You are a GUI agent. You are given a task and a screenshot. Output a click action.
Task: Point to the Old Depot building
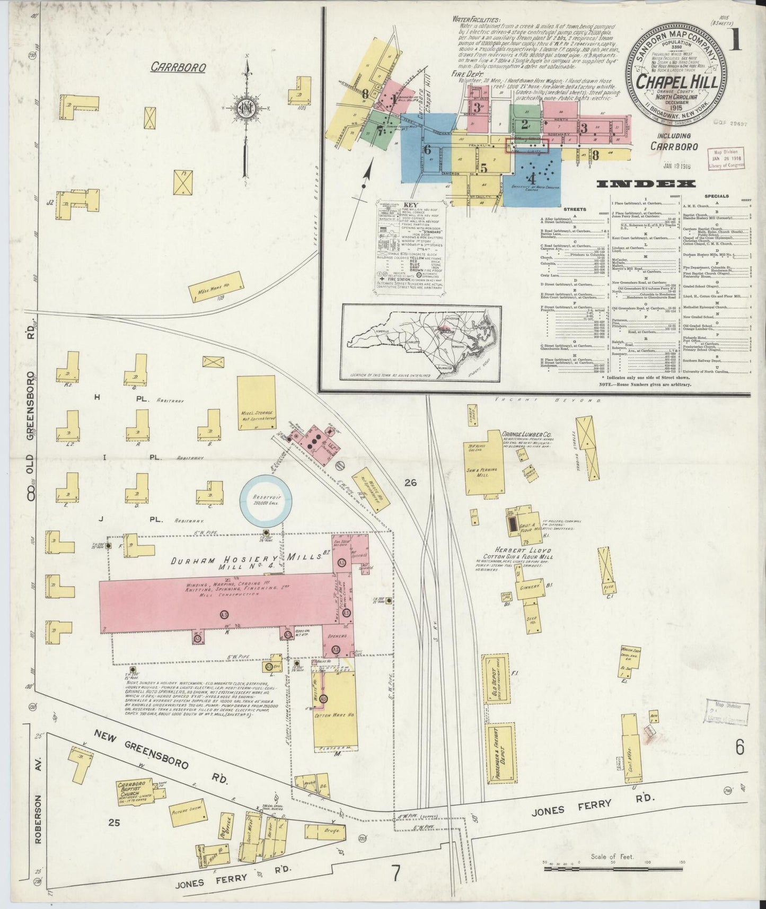tap(494, 681)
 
